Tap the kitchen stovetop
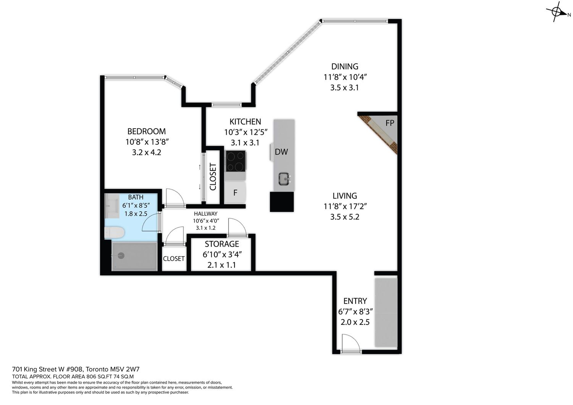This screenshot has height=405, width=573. pos(236,161)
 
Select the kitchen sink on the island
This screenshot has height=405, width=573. pos(284,179)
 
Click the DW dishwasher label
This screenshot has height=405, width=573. pos(282,152)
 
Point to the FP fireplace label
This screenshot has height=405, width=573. pos(390,123)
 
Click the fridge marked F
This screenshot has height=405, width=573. pos(235,192)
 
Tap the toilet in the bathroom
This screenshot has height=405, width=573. pos(114,232)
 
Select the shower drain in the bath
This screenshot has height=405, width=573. pos(121,255)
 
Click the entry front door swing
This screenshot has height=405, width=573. pos(351,343)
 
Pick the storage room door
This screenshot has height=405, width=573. pos(237,227)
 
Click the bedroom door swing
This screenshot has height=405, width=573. pos(175,198)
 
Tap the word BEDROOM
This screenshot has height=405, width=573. pos(147,131)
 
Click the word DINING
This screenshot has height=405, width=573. pos(345,66)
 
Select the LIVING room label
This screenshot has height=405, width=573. pos(345,196)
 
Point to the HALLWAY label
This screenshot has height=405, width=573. pos(206,214)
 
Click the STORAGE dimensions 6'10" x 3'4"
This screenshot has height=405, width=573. pos(222,255)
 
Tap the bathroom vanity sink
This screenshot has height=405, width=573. pos(112,205)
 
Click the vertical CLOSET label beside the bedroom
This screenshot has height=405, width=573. pos(213,176)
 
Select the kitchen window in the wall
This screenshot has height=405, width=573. pos(227,105)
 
